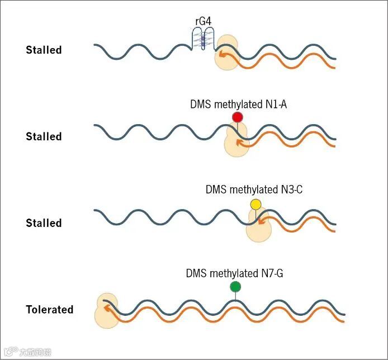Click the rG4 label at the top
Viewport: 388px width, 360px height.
(204, 22)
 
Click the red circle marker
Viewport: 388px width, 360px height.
(238, 117)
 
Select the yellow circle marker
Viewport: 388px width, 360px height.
(255, 205)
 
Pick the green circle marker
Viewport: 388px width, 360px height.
(235, 287)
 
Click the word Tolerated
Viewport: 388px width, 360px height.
(49, 309)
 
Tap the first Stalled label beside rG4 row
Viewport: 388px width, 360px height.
(44, 50)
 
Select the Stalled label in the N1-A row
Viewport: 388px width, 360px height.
(44, 136)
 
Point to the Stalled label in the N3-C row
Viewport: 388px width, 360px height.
(44, 223)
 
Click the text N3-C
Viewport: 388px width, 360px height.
(291, 190)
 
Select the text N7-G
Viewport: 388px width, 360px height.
(276, 273)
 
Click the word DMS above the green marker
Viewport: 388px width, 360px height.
(196, 273)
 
